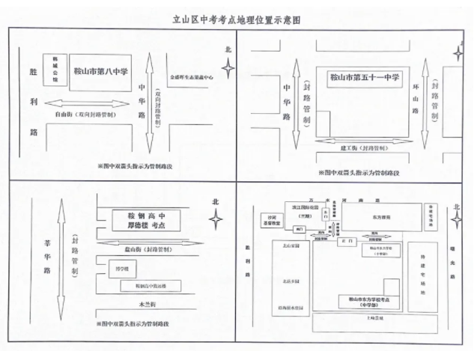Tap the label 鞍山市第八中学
(99, 73)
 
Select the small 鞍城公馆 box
(54, 65)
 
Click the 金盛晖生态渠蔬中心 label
(192, 76)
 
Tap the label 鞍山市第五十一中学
(365, 76)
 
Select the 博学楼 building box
(123, 268)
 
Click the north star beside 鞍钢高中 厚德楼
(216, 219)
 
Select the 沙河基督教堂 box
(267, 221)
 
